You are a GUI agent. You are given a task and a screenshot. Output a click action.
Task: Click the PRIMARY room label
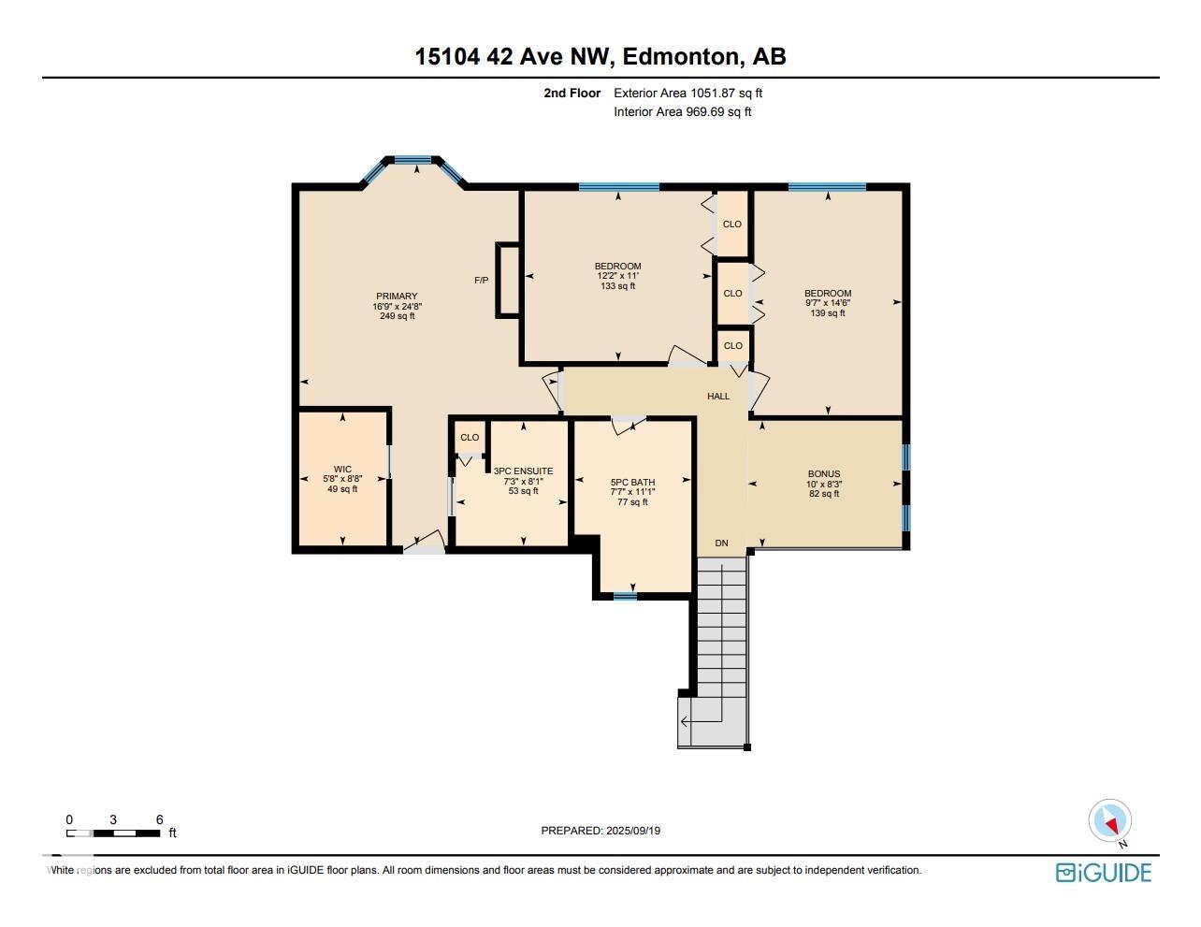tap(397, 297)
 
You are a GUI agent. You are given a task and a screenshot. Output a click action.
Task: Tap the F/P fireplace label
tap(482, 281)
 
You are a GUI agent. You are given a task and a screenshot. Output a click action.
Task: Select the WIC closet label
tap(342, 470)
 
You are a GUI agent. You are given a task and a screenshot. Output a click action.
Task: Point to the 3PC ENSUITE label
tap(524, 471)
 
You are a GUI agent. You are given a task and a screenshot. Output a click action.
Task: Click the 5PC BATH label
tap(633, 483)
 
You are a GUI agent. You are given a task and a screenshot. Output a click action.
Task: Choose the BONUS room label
tap(824, 473)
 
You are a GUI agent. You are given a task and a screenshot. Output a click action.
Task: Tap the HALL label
tap(718, 397)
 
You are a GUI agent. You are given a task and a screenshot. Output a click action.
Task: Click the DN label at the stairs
tap(722, 543)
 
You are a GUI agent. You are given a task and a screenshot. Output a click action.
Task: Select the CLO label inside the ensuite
tap(470, 437)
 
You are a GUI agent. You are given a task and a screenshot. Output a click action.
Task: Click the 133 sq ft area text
tap(618, 286)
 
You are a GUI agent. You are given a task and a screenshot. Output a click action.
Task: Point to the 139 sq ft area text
tap(828, 313)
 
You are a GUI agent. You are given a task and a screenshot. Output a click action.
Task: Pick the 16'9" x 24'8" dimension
tap(398, 306)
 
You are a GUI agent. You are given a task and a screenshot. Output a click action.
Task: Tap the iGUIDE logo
tap(1103, 873)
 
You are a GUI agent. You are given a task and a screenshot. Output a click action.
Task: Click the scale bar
tap(113, 833)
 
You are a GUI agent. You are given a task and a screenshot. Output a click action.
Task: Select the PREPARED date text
tap(600, 831)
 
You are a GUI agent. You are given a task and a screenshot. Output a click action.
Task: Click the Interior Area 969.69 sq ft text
tap(683, 112)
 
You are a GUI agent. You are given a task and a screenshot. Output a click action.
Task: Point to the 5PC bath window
tap(625, 596)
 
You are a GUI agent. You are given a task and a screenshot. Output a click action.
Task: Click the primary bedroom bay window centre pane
tap(412, 160)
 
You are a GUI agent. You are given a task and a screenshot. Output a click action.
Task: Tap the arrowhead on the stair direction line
tap(685, 722)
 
